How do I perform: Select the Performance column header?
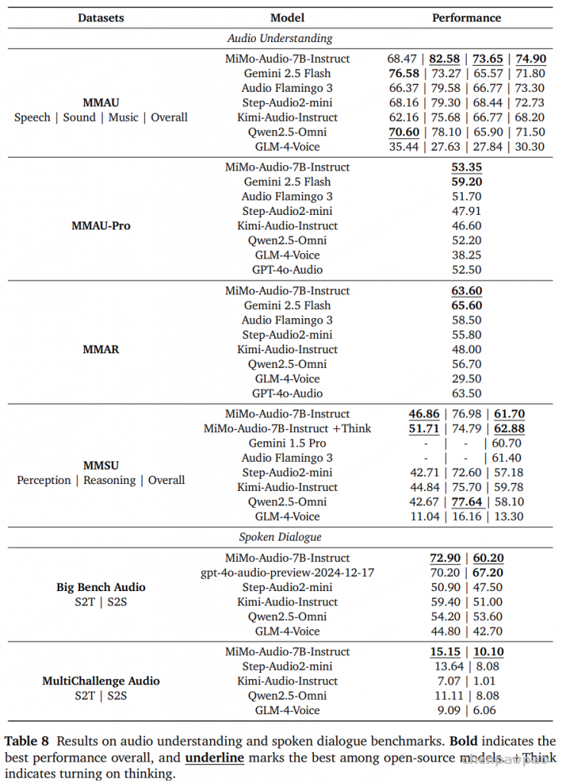(466, 18)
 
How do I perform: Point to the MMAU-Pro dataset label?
(100, 226)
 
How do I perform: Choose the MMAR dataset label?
(100, 349)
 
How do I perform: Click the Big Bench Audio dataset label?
(100, 587)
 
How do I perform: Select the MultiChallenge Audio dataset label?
(100, 681)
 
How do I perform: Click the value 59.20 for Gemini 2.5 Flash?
(466, 182)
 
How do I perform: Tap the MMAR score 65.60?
(466, 306)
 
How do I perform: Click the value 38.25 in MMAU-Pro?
(466, 255)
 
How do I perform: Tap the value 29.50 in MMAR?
(466, 379)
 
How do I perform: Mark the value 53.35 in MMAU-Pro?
(466, 167)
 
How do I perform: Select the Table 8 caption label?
(27, 741)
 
